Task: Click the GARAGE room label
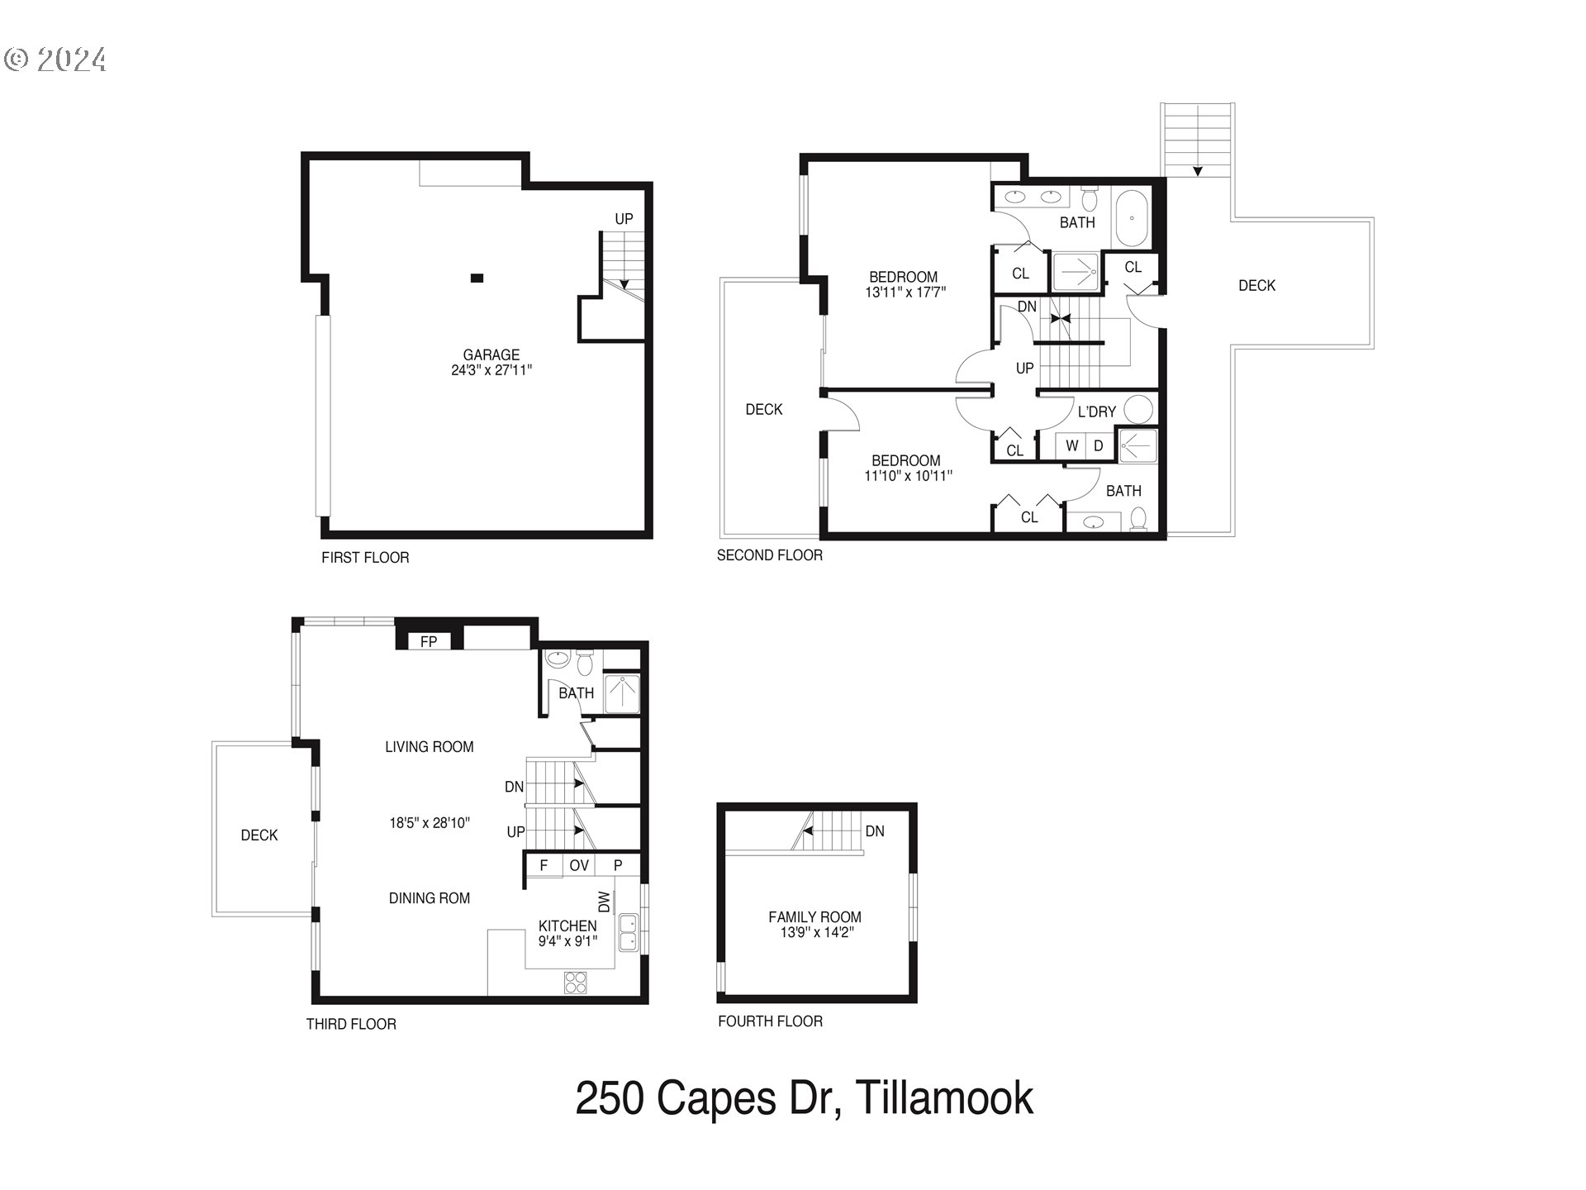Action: [x=491, y=355]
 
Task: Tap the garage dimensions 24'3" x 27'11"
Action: [x=491, y=370]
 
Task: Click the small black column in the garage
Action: [x=477, y=278]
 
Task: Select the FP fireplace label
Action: [x=428, y=641]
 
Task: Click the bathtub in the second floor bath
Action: [x=1131, y=219]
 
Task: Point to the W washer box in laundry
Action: [x=1071, y=445]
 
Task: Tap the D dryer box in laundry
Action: [x=1099, y=445]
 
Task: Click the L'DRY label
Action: [x=1096, y=412]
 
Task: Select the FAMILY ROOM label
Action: [x=814, y=916]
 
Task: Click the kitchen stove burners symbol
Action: [x=576, y=982]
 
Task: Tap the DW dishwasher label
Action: [x=604, y=902]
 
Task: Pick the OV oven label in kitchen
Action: [x=579, y=865]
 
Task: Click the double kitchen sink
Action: [x=629, y=932]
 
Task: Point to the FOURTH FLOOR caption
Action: [x=770, y=1021]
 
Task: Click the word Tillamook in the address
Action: [x=944, y=1098]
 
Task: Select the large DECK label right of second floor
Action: [x=1256, y=285]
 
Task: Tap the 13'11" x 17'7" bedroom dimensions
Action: [x=905, y=292]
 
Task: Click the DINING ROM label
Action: [x=429, y=898]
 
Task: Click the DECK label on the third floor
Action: [x=259, y=835]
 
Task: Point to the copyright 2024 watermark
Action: [x=56, y=59]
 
